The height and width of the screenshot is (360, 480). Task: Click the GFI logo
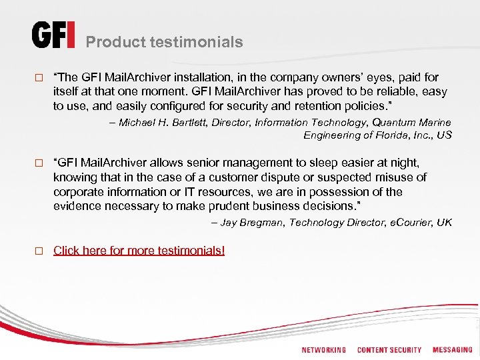tap(53, 35)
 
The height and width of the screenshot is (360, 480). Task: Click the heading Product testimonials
tap(164, 42)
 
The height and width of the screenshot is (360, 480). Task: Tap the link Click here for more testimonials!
tap(139, 251)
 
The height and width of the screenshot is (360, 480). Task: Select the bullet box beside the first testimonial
tap(38, 78)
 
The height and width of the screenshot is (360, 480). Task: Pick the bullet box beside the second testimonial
tap(38, 163)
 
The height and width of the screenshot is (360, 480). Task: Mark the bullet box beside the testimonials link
tap(38, 251)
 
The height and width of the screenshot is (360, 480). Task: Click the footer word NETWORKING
tap(323, 350)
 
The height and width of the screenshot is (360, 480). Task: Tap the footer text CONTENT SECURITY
tap(389, 350)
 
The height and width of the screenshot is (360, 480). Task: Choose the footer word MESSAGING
tap(452, 350)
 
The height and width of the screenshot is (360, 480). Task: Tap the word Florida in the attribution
tap(385, 135)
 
